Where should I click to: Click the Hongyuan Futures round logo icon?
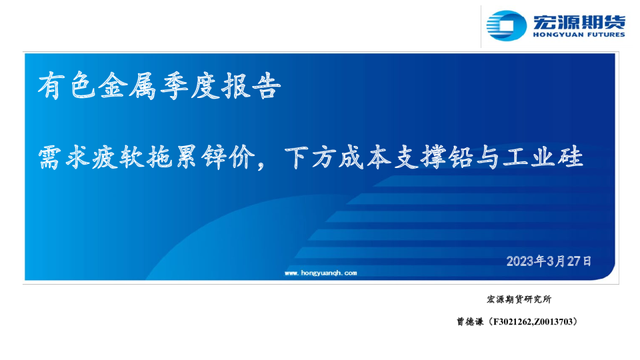[506, 26]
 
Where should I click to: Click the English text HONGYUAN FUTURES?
[579, 35]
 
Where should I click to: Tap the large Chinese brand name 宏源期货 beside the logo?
[579, 21]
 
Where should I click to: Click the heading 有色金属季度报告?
[159, 86]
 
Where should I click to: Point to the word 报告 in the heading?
[251, 86]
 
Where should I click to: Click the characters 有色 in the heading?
[68, 86]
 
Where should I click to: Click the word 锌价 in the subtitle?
[228, 157]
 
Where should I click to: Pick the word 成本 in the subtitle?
[365, 157]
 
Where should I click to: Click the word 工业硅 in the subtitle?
[543, 157]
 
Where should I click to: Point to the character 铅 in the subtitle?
[461, 157]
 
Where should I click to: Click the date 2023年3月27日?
[549, 261]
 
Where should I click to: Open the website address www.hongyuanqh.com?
[321, 273]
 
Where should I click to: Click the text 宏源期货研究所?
[519, 299]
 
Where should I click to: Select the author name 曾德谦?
[470, 321]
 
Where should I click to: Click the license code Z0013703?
[553, 322]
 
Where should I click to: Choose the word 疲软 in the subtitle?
[119, 157]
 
